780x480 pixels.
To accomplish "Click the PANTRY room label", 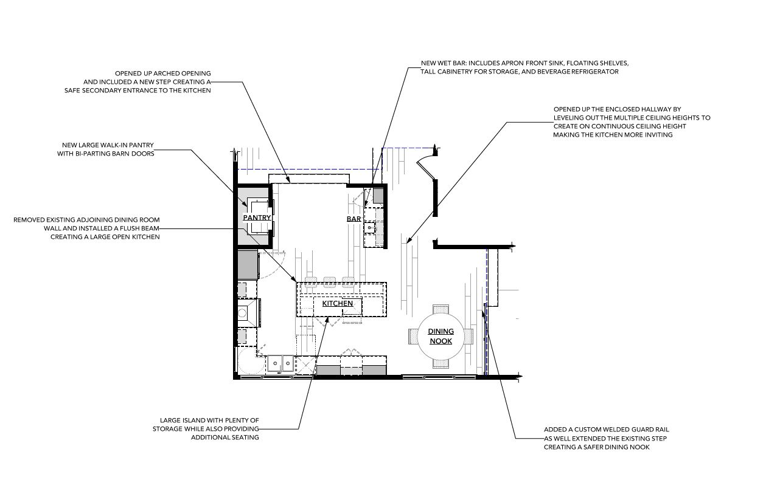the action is pyautogui.click(x=257, y=218).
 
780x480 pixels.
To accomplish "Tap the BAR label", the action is pyautogui.click(x=353, y=219).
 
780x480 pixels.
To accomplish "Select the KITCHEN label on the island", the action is pyautogui.click(x=338, y=303).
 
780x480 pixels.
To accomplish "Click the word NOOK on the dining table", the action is pyautogui.click(x=441, y=341).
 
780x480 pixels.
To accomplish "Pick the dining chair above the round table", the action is pyautogui.click(x=441, y=309).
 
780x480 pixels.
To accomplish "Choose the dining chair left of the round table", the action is pyautogui.click(x=413, y=337).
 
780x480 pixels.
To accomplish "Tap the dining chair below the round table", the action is pyautogui.click(x=441, y=364).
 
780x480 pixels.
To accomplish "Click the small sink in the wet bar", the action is pyautogui.click(x=369, y=228).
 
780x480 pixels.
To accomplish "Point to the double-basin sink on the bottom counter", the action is pyautogui.click(x=280, y=363).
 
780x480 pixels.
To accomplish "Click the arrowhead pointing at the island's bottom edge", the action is pyautogui.click(x=327, y=319).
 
